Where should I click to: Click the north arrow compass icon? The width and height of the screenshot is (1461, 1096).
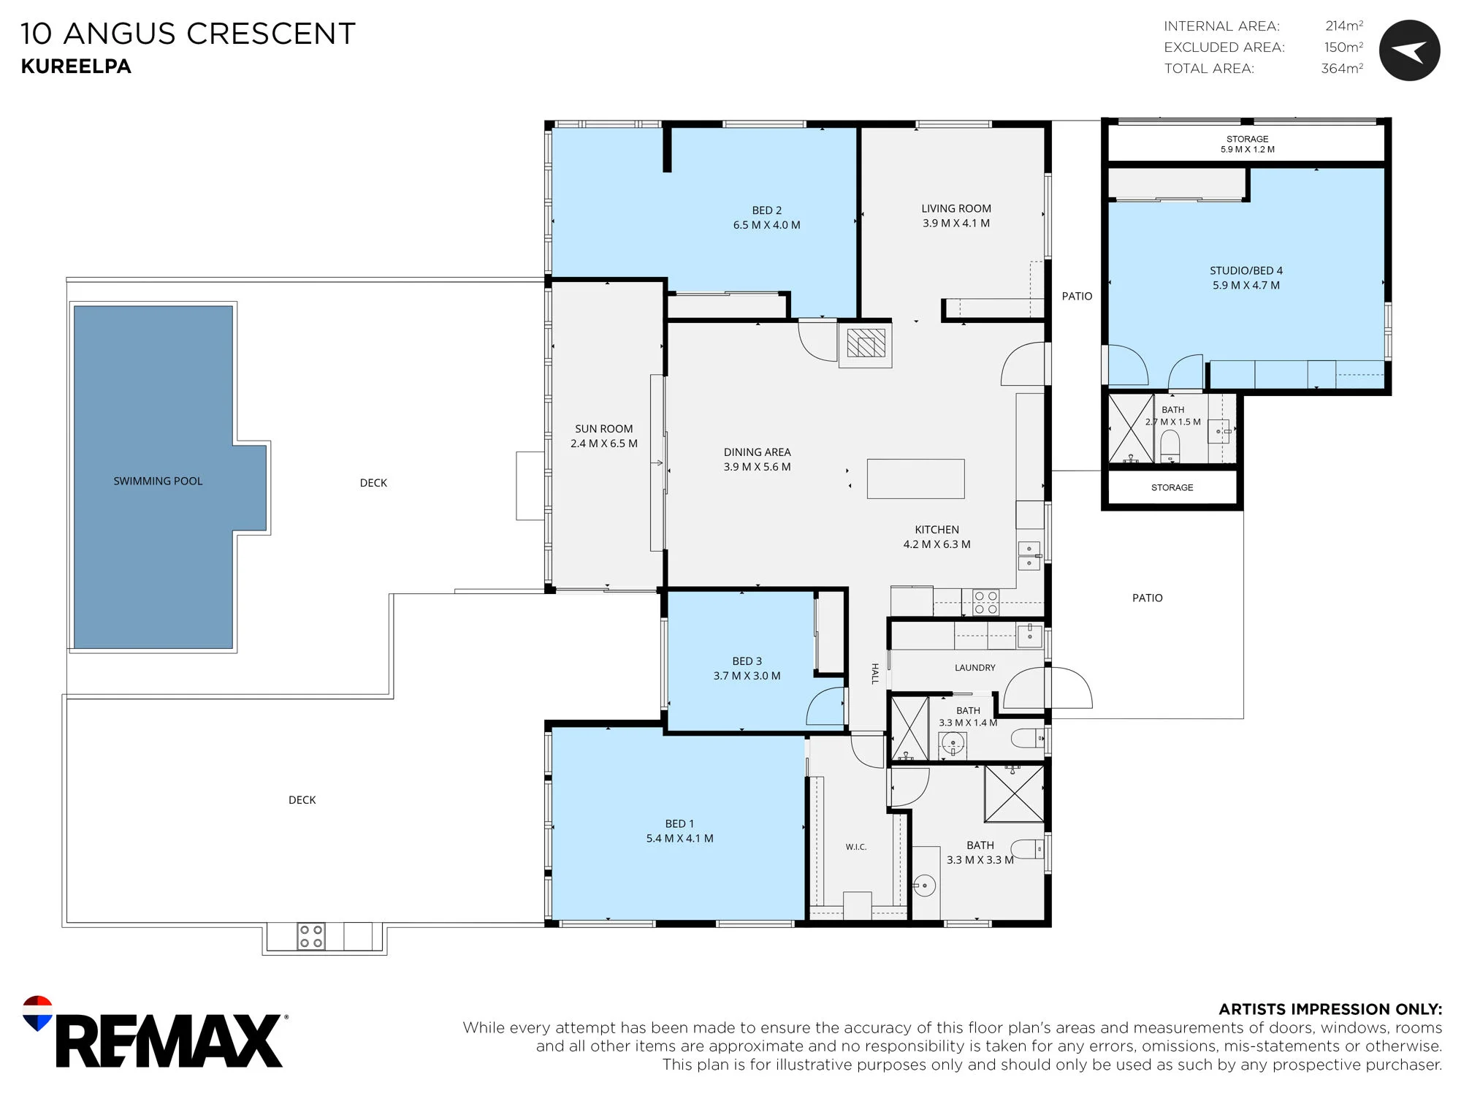pos(1409,50)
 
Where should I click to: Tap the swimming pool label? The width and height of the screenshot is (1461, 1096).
pos(158,481)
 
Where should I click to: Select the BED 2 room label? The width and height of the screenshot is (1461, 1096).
pos(767,210)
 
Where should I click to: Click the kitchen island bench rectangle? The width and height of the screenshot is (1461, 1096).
pos(915,479)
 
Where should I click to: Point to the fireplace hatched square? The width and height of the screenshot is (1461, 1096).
pos(866,343)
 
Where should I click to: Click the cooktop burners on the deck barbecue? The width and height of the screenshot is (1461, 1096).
pos(311,936)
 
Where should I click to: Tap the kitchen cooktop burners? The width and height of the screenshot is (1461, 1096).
pos(985,602)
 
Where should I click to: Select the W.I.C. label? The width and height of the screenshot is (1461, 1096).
pos(856,847)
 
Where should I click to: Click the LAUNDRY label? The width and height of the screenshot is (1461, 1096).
pos(974,667)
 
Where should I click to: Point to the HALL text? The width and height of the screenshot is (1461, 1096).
pos(874,674)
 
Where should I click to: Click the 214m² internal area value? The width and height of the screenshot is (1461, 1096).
pos(1344,26)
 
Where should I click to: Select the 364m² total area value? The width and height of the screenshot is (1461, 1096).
pos(1342,68)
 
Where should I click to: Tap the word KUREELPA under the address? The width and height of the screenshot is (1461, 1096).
pos(76,66)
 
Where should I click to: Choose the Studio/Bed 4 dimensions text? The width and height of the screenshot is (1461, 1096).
pos(1246,285)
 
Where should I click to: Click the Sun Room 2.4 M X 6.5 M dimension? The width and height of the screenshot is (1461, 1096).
pos(604,444)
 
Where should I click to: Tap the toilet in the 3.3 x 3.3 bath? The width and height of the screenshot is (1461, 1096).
pos(1028,848)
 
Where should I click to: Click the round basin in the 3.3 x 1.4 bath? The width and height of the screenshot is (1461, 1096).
pos(953,745)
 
